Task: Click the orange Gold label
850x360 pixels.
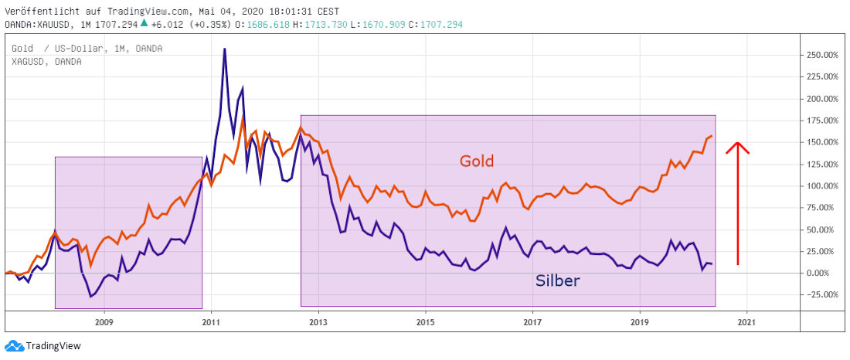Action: pos(476,161)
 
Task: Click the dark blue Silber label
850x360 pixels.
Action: pos(557,280)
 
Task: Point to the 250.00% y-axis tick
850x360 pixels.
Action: pos(822,56)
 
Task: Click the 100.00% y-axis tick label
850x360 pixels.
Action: pos(822,186)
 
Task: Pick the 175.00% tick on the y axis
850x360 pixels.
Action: pos(822,121)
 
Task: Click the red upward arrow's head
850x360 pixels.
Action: pos(737,145)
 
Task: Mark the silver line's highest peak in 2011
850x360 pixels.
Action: pos(224,49)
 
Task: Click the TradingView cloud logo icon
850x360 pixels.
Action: pos(13,346)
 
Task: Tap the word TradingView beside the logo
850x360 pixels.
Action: pos(53,347)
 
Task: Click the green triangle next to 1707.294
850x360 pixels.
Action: pos(144,23)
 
